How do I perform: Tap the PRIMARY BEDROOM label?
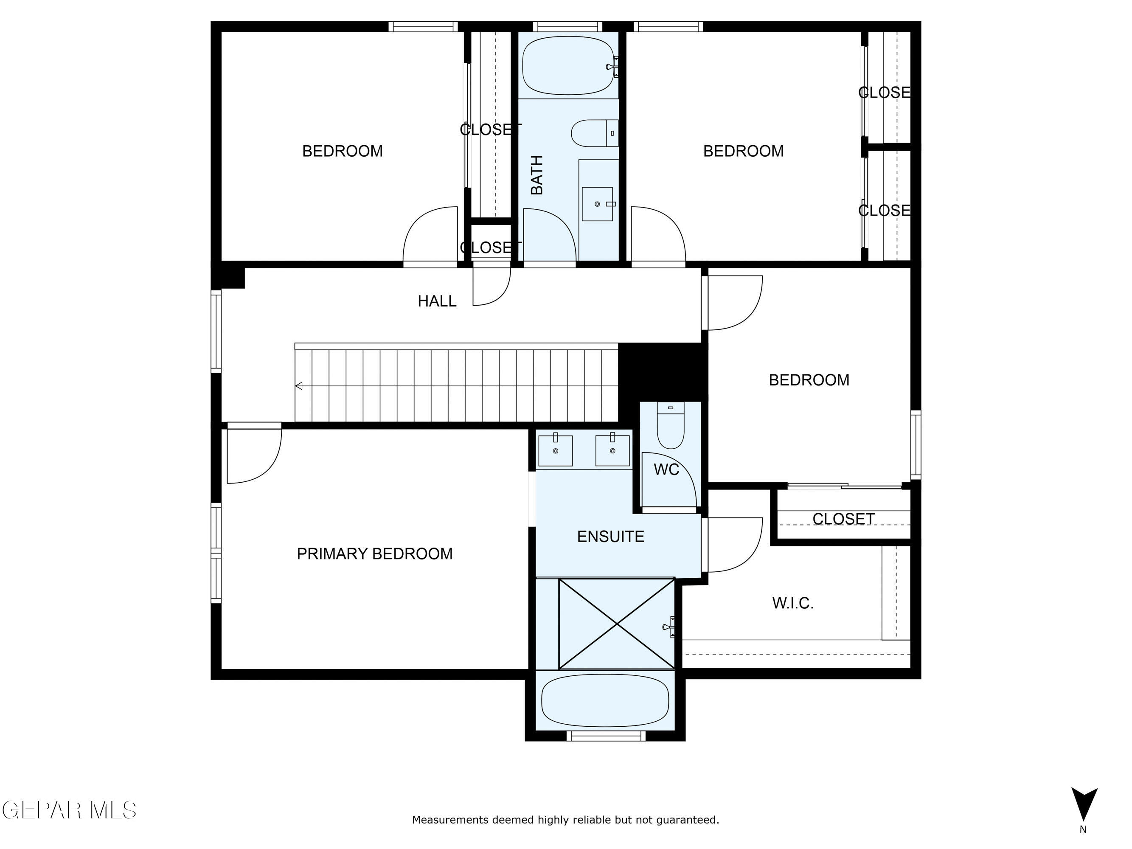[x=375, y=554]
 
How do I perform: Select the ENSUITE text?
[x=610, y=536]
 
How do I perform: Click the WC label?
[x=666, y=469]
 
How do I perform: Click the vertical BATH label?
[x=537, y=175]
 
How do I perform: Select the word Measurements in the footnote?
[x=450, y=820]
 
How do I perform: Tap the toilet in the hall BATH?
[x=594, y=133]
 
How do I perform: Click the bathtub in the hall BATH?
[x=568, y=65]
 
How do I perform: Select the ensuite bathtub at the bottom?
[x=605, y=700]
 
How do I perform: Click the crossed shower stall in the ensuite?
[x=617, y=624]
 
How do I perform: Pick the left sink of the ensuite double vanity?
[x=555, y=450]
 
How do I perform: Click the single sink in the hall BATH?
[x=597, y=204]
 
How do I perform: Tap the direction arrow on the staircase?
[x=299, y=386]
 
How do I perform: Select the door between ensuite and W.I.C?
[x=732, y=545]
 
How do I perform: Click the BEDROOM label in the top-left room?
[x=343, y=151]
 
